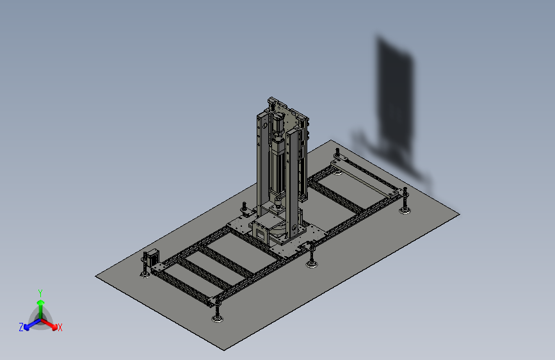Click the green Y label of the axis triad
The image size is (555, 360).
tap(40, 293)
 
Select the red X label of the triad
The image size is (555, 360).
tap(60, 327)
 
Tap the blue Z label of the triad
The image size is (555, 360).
tap(21, 327)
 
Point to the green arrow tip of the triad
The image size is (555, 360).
tap(41, 302)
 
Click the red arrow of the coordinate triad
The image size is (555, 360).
tap(49, 324)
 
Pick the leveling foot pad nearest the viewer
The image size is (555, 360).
tap(218, 319)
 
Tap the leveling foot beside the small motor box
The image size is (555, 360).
tap(145, 274)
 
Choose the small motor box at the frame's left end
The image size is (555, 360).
tap(153, 258)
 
